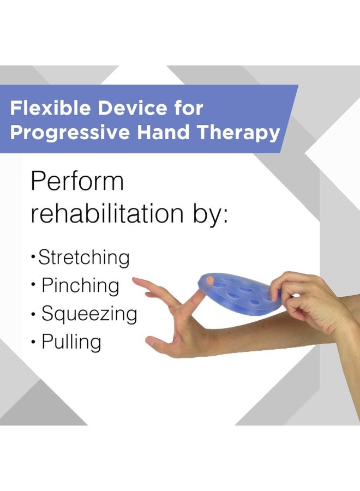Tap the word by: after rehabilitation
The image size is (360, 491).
(x=207, y=213)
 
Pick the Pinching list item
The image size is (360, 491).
(x=80, y=285)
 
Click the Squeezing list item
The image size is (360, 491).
(x=89, y=314)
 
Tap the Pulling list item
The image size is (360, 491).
(x=71, y=342)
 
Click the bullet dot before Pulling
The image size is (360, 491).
(x=34, y=343)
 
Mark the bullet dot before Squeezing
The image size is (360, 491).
(x=34, y=314)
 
